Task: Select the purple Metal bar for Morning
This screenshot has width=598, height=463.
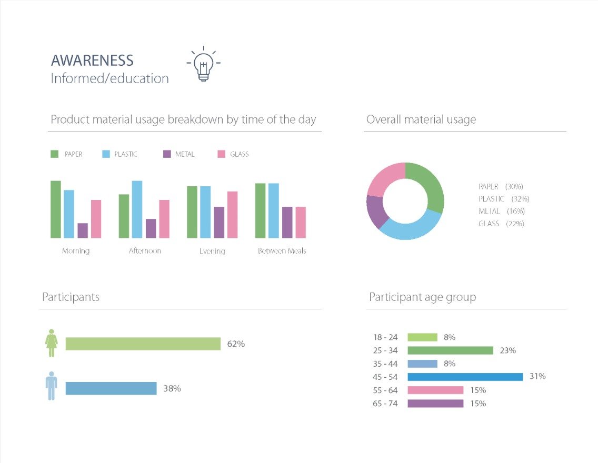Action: click(x=83, y=230)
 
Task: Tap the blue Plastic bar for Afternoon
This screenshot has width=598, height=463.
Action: click(x=137, y=209)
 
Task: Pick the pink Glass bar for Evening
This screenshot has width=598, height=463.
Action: click(x=232, y=215)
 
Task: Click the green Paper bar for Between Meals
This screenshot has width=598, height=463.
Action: click(x=260, y=210)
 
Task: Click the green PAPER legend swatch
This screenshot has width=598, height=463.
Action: click(x=55, y=154)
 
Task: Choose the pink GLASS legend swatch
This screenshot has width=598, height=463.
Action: click(x=221, y=154)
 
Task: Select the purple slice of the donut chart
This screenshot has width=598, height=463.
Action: click(x=375, y=212)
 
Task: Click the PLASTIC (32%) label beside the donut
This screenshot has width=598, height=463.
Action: click(x=503, y=199)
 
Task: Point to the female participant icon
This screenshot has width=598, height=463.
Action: click(x=51, y=343)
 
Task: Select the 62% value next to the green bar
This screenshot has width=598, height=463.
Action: click(x=236, y=344)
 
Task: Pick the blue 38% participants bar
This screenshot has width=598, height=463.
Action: click(x=111, y=388)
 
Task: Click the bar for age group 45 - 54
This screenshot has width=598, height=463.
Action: click(x=465, y=377)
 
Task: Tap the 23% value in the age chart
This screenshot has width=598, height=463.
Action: click(x=507, y=350)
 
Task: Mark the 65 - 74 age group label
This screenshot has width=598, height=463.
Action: click(x=385, y=404)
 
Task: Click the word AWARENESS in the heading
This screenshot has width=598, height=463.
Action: click(x=92, y=61)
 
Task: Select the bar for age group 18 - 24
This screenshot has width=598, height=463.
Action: click(x=422, y=337)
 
